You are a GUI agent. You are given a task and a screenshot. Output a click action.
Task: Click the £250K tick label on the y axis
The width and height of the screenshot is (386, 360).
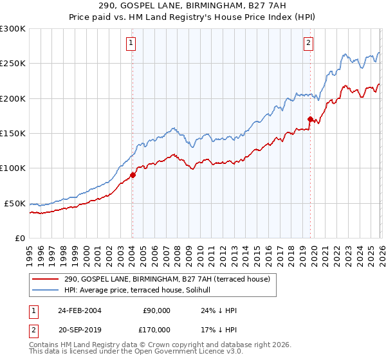click(12, 64)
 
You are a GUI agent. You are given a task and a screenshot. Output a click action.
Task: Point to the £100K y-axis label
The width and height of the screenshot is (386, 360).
click(12, 168)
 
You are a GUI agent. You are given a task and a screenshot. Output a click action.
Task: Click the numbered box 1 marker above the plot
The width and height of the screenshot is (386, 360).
click(131, 43)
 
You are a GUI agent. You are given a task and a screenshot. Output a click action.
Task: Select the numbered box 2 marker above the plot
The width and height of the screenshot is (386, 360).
click(308, 43)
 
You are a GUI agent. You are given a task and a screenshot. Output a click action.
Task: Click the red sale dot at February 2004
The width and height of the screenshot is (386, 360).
click(133, 175)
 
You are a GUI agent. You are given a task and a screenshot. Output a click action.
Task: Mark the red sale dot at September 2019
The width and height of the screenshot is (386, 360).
click(310, 119)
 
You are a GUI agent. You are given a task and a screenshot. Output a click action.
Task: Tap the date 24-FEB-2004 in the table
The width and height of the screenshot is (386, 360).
click(80, 310)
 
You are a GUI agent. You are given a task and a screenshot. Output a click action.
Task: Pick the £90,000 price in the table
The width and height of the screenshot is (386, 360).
click(156, 310)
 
